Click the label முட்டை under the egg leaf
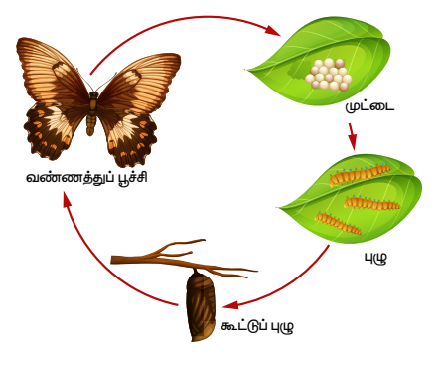coord(369,107)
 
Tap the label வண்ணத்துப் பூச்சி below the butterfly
coord(86,178)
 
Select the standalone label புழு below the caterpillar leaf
coord(375,258)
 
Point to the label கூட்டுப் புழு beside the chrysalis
coord(257,326)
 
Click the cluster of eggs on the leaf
coord(329,75)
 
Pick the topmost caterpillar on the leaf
coord(361,175)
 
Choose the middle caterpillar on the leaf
coord(371,204)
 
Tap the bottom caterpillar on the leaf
coord(338,224)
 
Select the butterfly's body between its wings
coord(92,113)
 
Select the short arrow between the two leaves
coord(353,137)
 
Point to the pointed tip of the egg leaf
coord(245,70)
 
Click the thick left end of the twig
coord(112,260)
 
